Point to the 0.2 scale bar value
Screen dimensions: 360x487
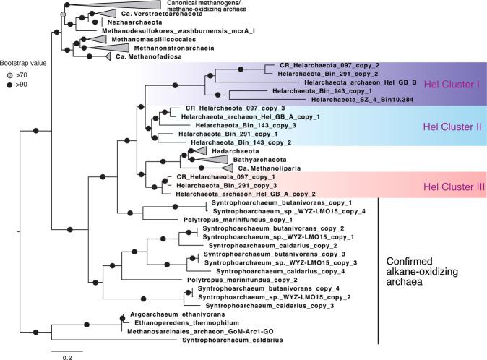pyautogui.click(x=66, y=356)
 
